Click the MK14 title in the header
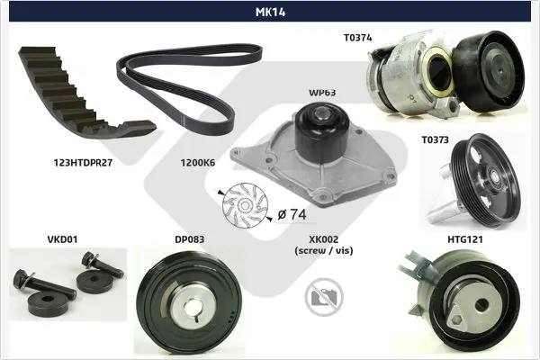pos(270,12)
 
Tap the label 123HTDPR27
pos(83,163)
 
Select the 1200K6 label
pos(198,163)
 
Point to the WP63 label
pos(322,93)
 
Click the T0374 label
pos(358,38)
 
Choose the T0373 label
pos(436,139)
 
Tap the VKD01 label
pos(62,239)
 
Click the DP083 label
pos(189,239)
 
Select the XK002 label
pos(323,239)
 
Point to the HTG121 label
pos(465,239)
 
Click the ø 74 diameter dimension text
pos(292,214)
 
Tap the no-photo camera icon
pos(324,297)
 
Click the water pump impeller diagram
pos(245,206)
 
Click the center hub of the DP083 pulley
pos(189,306)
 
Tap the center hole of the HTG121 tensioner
pos(481,304)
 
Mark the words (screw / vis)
pos(324,250)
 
